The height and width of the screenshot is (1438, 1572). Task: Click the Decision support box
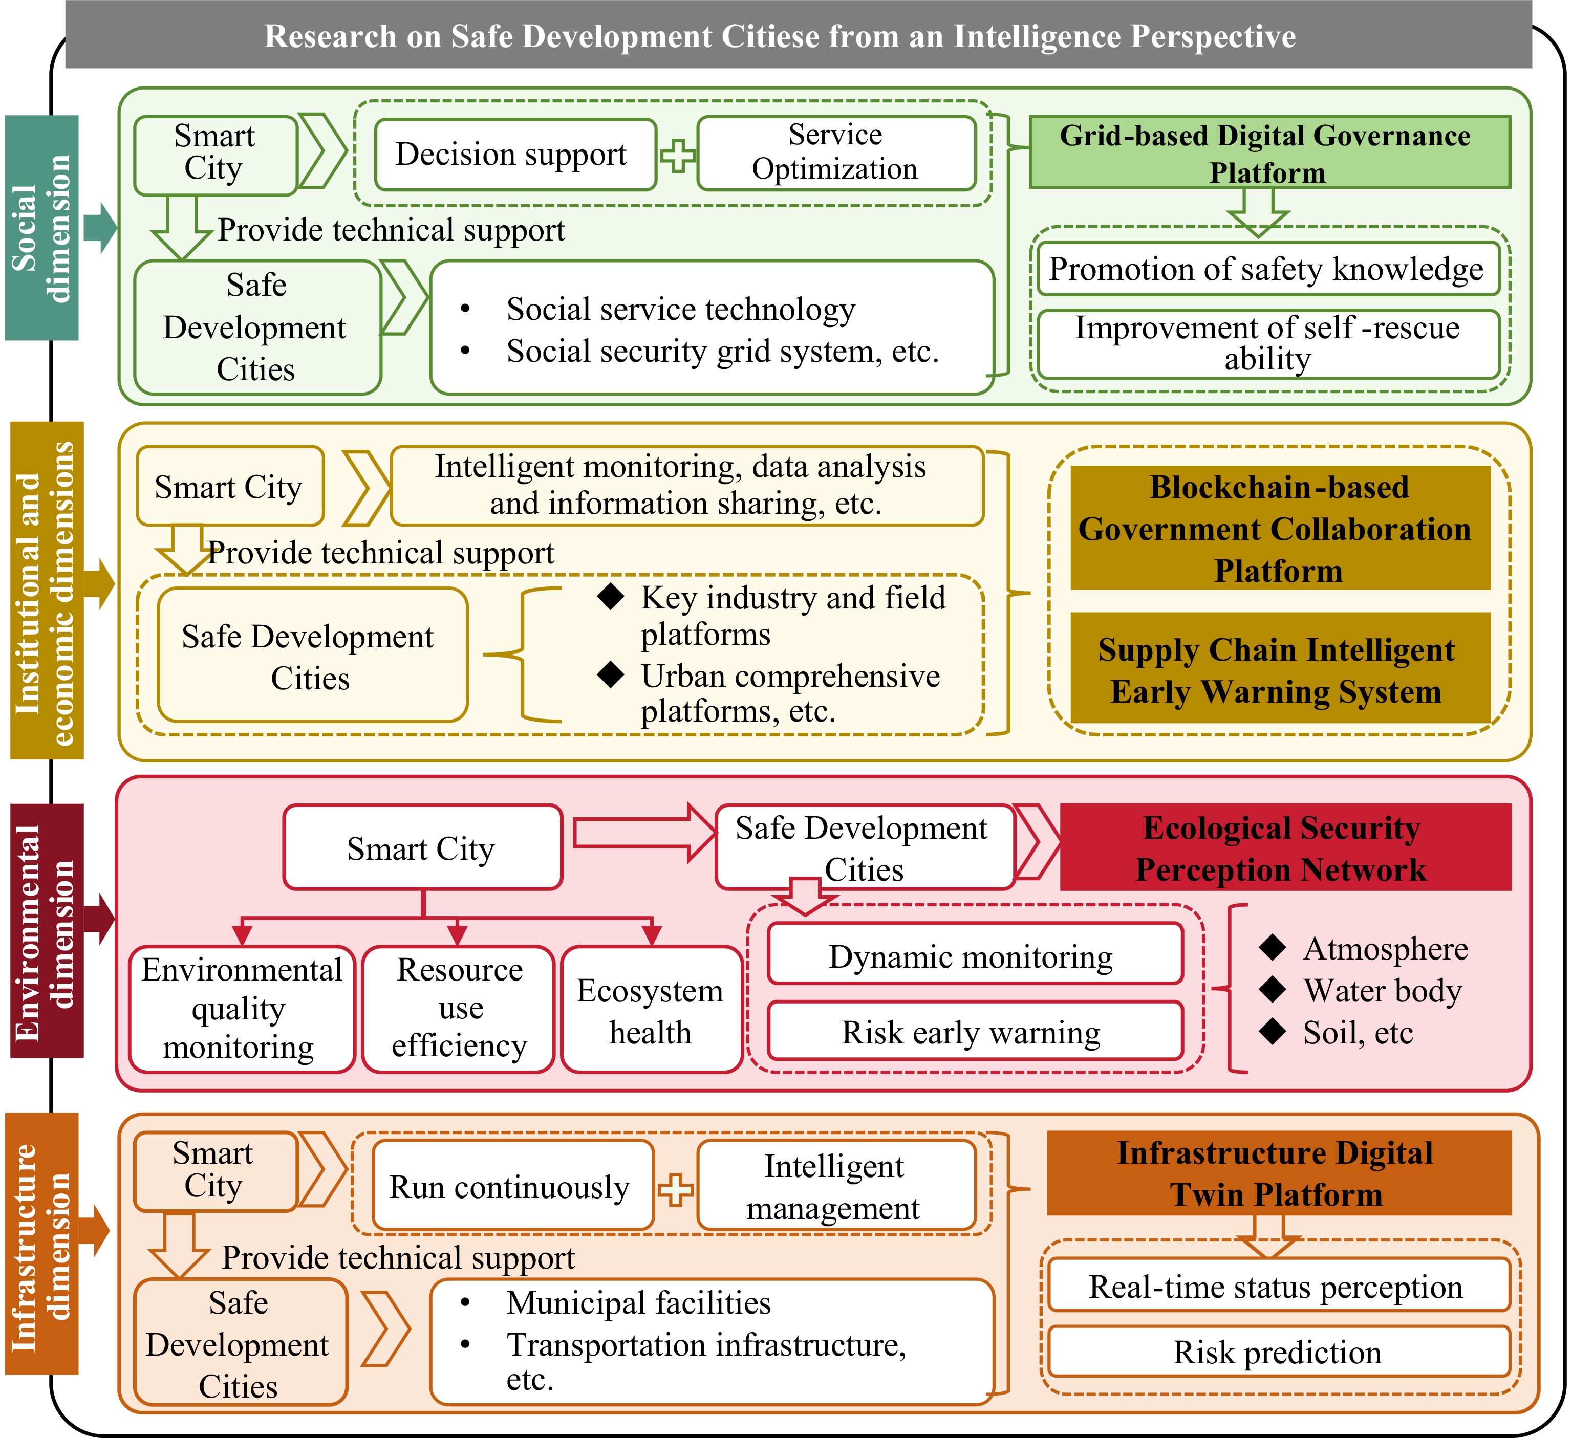click(x=514, y=155)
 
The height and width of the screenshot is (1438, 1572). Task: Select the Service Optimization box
click(x=836, y=153)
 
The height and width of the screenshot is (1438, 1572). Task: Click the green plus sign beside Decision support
click(x=678, y=155)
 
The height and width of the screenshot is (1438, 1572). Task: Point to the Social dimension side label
click(x=42, y=228)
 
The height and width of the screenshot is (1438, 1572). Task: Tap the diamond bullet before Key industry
click(x=611, y=597)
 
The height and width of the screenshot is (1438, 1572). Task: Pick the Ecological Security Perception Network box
click(x=1284, y=848)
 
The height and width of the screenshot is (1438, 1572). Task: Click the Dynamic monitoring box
click(x=975, y=955)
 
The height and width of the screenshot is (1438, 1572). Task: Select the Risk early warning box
click(x=975, y=1032)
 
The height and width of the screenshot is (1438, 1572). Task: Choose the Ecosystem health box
click(x=650, y=1010)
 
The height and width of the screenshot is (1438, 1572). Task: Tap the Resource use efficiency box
click(x=459, y=1009)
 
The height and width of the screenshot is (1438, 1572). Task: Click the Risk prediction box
click(x=1279, y=1352)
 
